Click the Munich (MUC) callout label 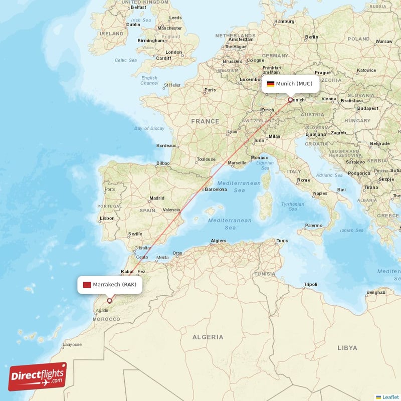pyautogui.click(x=290, y=84)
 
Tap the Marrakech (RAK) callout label pyautogui.click(x=110, y=285)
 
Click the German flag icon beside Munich pyautogui.click(x=270, y=84)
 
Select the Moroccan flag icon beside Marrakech pyautogui.click(x=87, y=285)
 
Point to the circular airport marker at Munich pyautogui.click(x=290, y=100)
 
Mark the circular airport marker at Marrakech pyautogui.click(x=109, y=301)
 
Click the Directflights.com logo pyautogui.click(x=37, y=376)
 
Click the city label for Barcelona pyautogui.click(x=216, y=189)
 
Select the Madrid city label pyautogui.click(x=157, y=198)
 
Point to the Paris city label pyautogui.click(x=210, y=90)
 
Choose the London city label pyautogui.click(x=173, y=52)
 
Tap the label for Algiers pyautogui.click(x=219, y=241)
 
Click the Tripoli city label pyautogui.click(x=311, y=285)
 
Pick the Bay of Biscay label pyautogui.click(x=149, y=128)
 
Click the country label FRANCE pyautogui.click(x=205, y=121)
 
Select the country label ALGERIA pyautogui.click(x=208, y=337)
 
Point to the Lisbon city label pyautogui.click(x=107, y=219)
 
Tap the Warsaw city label pyautogui.click(x=384, y=41)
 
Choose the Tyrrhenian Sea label pyautogui.click(x=293, y=207)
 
